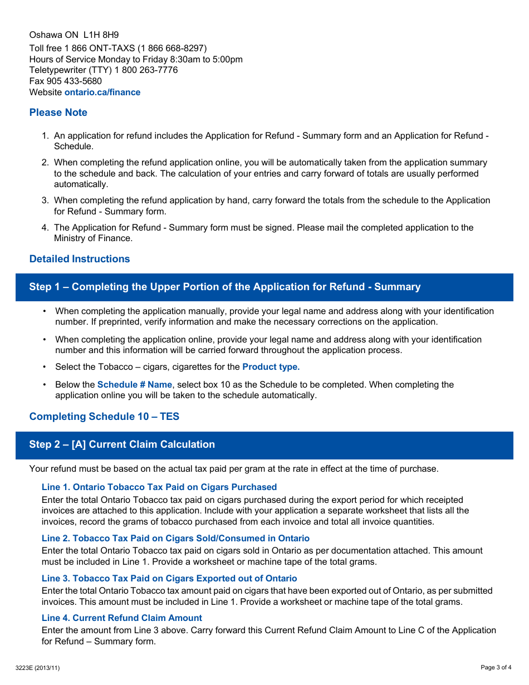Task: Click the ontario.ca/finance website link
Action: (x=102, y=92)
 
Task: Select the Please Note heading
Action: (x=58, y=112)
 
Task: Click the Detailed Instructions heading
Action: (x=80, y=259)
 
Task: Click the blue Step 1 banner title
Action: (x=225, y=287)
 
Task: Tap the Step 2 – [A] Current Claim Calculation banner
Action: (x=122, y=444)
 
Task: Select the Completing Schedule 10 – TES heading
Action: (x=104, y=417)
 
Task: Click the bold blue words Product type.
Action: (x=271, y=367)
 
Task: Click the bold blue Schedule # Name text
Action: (x=135, y=385)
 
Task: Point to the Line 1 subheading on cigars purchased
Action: (x=159, y=487)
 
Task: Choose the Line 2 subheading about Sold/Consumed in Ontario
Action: (x=175, y=539)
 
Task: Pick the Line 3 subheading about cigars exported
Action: (x=169, y=579)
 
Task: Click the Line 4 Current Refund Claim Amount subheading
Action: (x=122, y=618)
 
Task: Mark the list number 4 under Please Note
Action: (x=45, y=228)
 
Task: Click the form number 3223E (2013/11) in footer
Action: (x=38, y=668)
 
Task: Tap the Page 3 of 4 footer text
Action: (x=496, y=667)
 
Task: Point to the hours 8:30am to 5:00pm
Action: (x=204, y=60)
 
